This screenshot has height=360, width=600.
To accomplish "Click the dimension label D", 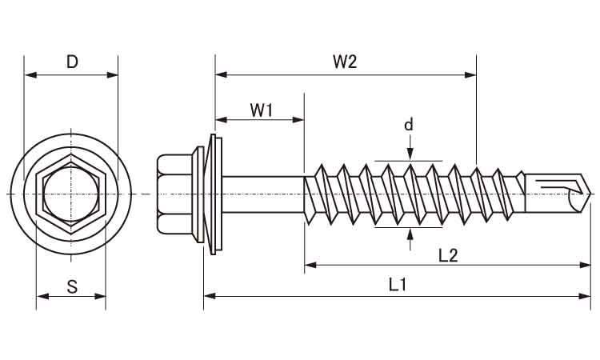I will pyautogui.click(x=72, y=62).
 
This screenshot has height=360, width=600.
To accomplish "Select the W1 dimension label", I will pyautogui.click(x=262, y=110).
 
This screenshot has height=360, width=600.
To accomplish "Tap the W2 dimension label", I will pyautogui.click(x=345, y=62).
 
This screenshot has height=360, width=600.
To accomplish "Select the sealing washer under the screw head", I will pyautogui.click(x=214, y=194).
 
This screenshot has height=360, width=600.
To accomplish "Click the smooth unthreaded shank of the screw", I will pyautogui.click(x=264, y=194).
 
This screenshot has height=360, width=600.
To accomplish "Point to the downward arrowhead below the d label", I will pyautogui.click(x=410, y=154).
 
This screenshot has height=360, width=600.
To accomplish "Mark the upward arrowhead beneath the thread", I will pyautogui.click(x=410, y=234).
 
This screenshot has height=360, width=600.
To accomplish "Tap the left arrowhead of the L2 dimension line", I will pyautogui.click(x=311, y=264).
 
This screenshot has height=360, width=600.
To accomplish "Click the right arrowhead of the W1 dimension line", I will pyautogui.click(x=298, y=120).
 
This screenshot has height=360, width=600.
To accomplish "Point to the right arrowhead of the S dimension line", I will pyautogui.click(x=99, y=296).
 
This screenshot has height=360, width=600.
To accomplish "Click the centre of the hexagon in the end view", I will pyautogui.click(x=71, y=194).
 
